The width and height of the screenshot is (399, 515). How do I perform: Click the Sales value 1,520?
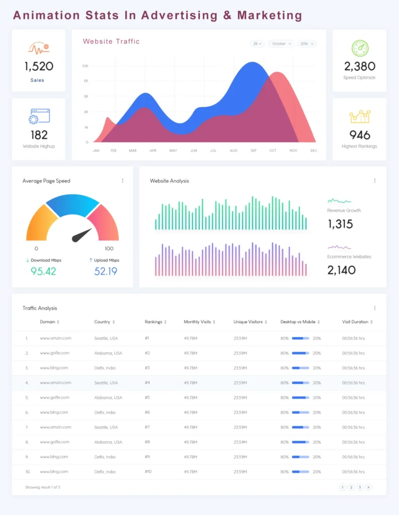click(x=39, y=66)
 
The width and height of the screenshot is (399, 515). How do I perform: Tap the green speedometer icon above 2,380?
click(x=360, y=48)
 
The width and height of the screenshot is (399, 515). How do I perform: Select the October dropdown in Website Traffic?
click(x=281, y=44)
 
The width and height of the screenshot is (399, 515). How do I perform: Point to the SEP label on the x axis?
click(x=253, y=150)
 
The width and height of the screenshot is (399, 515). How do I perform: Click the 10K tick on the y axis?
click(x=85, y=66)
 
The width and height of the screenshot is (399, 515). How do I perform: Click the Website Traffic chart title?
click(x=111, y=42)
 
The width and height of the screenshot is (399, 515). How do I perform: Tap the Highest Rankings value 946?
click(x=360, y=135)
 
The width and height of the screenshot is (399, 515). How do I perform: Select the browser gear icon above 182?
click(x=39, y=116)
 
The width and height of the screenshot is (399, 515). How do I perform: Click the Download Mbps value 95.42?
click(x=43, y=271)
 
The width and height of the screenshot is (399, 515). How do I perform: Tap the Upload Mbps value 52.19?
click(x=106, y=271)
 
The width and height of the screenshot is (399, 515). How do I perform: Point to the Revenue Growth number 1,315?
click(x=341, y=224)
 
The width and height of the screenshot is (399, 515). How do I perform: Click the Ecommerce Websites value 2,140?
click(x=342, y=270)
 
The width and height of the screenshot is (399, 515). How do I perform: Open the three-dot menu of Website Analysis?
click(x=374, y=181)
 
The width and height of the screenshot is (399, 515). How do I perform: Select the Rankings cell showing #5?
click(x=147, y=397)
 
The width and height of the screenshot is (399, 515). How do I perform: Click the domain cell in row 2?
click(x=55, y=353)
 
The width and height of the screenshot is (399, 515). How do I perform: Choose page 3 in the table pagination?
click(x=360, y=487)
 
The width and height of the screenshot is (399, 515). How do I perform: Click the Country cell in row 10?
click(x=105, y=472)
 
